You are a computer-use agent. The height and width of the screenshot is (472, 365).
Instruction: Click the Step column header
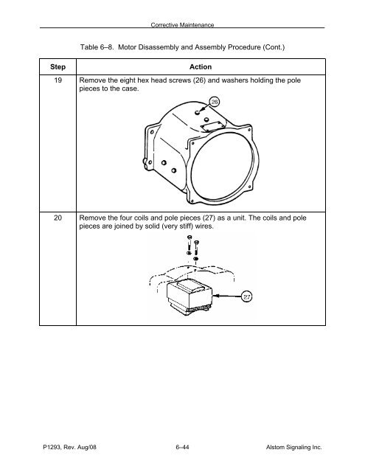[x=58, y=67]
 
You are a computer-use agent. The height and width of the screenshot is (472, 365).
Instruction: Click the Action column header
[x=201, y=67]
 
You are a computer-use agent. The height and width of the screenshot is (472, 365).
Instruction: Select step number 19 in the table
[x=58, y=80]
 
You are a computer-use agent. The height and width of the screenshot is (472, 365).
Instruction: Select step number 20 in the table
[x=58, y=218]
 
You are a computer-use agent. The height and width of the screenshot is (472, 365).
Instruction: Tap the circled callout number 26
[x=215, y=102]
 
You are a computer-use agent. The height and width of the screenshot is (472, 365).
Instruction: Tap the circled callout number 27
[x=247, y=296]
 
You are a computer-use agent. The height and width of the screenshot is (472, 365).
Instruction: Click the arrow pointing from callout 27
[x=227, y=296]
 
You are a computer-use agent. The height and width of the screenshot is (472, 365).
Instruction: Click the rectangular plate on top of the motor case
[x=213, y=125]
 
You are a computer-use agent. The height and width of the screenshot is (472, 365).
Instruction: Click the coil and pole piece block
[x=190, y=296]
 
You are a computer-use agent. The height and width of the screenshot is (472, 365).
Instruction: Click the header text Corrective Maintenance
[x=182, y=25]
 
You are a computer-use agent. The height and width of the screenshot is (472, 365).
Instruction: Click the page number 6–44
[x=182, y=447]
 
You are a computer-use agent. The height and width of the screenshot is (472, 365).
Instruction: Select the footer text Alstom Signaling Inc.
[x=293, y=447]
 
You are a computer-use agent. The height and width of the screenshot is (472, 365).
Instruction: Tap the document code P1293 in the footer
[x=52, y=447]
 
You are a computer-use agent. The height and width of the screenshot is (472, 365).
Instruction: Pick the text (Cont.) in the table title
[x=274, y=47]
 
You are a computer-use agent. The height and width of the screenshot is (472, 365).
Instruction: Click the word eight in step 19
[x=128, y=80]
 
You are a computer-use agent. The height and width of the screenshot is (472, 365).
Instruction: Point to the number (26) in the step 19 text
[x=199, y=80]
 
